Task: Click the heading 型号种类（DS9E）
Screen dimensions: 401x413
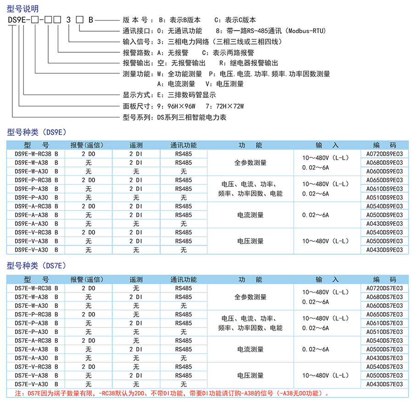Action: [x=37, y=132]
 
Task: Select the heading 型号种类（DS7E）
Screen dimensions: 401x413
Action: [x=37, y=266]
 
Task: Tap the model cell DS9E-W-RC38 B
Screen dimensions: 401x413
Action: [x=36, y=154]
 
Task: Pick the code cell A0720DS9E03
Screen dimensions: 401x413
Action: [x=384, y=154]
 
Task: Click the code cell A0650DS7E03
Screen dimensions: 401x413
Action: [x=384, y=314]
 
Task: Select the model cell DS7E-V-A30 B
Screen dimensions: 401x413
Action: [x=36, y=384]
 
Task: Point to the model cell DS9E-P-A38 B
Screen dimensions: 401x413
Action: [x=36, y=189]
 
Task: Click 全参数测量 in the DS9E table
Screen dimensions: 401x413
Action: [x=250, y=162]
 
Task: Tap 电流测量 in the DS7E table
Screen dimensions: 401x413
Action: [x=250, y=349]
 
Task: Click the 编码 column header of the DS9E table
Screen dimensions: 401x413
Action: [x=384, y=145]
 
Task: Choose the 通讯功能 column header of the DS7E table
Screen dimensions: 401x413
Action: [x=184, y=279]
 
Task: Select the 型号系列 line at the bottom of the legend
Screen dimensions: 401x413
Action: [x=174, y=117]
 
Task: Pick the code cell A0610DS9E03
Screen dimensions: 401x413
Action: [x=384, y=189]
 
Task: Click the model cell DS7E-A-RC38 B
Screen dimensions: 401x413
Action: [x=36, y=340]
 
